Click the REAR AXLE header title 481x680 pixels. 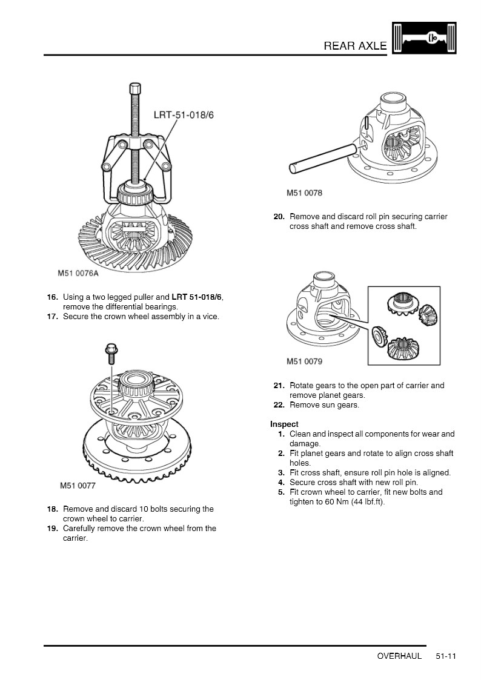point(355,45)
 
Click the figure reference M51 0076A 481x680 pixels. point(78,273)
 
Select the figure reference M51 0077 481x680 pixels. point(78,485)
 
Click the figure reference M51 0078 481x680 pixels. point(304,193)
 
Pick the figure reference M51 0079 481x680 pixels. point(304,361)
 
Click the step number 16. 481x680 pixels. point(53,297)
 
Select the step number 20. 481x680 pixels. point(279,217)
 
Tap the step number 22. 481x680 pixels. point(279,405)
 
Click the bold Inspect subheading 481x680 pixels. point(284,424)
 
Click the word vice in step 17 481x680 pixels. point(210,317)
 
